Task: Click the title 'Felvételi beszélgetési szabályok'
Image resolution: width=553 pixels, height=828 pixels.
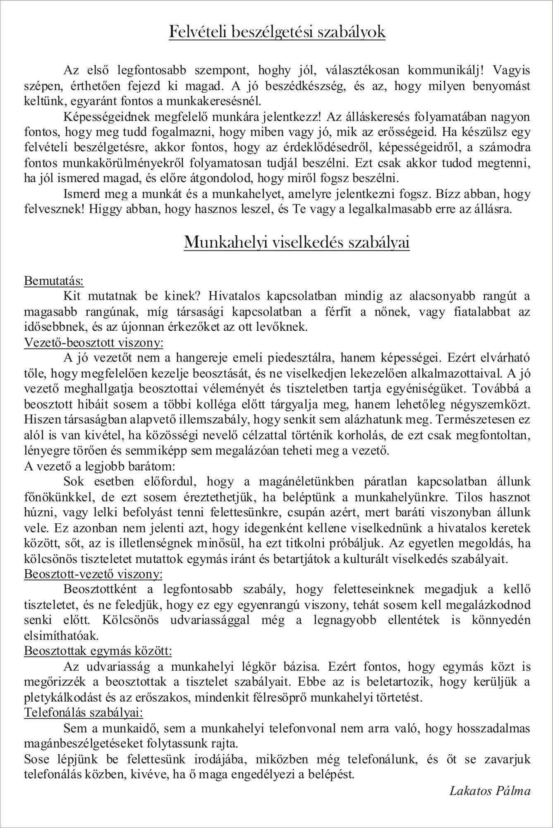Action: point(277,32)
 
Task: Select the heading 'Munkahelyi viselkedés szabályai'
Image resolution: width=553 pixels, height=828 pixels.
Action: point(297,242)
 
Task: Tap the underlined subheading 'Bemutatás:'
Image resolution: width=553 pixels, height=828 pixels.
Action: point(54,281)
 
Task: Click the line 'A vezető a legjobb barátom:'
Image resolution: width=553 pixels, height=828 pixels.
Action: point(100,466)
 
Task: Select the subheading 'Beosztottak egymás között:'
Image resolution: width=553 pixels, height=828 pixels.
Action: point(98,651)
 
